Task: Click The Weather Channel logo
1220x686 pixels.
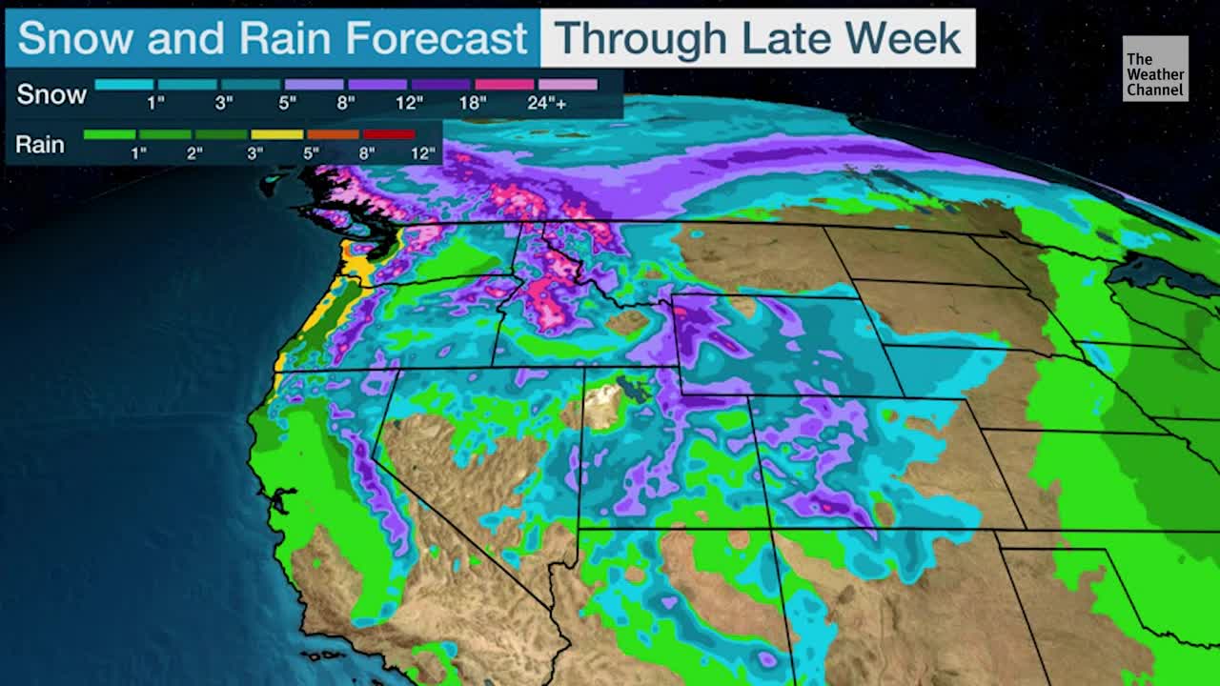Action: [1155, 69]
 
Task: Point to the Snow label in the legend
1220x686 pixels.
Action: [51, 94]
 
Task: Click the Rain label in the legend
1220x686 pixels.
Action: [40, 145]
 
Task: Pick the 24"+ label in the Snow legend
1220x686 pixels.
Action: [547, 103]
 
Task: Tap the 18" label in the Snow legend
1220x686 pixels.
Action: [474, 103]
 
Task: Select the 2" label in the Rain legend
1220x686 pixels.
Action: [194, 152]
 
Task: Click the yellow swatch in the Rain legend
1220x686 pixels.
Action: [277, 134]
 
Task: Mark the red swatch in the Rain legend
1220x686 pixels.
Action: [388, 134]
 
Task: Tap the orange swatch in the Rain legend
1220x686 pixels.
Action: [333, 134]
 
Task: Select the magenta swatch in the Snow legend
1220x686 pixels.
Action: [504, 85]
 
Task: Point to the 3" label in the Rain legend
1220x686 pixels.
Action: [254, 152]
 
